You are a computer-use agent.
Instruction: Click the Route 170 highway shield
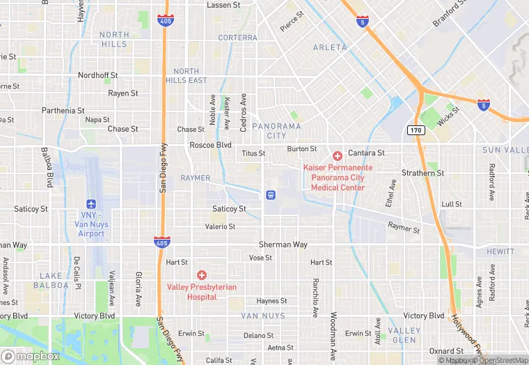coord(416,130)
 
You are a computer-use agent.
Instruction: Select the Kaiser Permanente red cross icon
coord(337,155)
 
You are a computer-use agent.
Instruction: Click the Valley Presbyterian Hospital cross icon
coord(202,274)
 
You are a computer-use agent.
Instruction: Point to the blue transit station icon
coord(269,195)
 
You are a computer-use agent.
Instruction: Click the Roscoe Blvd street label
coord(210,145)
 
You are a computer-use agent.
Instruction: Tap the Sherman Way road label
coord(283,244)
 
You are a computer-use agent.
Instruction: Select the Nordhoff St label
coord(97,75)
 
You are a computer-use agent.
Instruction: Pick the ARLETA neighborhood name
coord(329,47)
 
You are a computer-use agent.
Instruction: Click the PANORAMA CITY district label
coord(276,131)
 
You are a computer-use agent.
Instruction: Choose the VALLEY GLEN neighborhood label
coord(404,335)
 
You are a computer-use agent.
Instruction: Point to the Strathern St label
coord(423,172)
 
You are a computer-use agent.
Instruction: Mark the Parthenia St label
coord(63,110)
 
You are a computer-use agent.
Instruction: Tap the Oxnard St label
coord(446,350)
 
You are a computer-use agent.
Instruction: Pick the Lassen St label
coord(223,5)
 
